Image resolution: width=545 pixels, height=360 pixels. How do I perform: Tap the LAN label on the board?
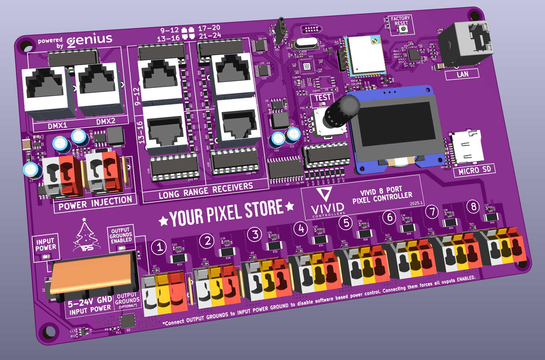pos(462,74)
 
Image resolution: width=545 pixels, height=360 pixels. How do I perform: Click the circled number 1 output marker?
pos(160,247)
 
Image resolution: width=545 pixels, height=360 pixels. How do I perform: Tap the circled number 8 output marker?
pos(473,207)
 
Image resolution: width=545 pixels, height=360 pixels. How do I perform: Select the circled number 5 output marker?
pos(346,223)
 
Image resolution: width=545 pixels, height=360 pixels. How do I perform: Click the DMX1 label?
pos(57,126)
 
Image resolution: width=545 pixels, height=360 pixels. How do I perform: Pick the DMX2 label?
pos(106,121)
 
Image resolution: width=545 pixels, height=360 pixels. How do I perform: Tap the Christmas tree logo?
pos(85,236)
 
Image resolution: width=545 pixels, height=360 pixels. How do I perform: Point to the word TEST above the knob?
pos(322,98)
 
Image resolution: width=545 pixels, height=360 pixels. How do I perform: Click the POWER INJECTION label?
pos(95,203)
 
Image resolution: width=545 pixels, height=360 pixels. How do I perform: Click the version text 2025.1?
pos(416,203)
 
